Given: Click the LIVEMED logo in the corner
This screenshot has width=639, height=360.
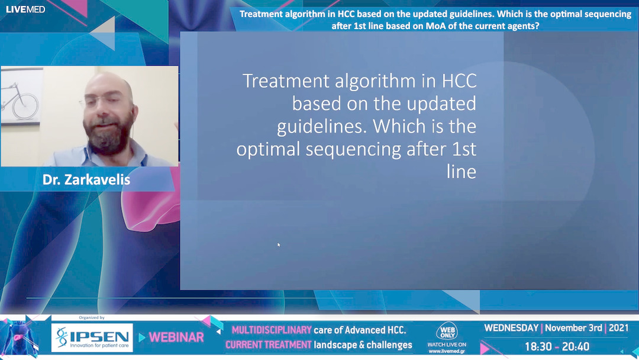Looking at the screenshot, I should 25,9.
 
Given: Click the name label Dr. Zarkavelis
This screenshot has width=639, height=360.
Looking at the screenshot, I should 86,179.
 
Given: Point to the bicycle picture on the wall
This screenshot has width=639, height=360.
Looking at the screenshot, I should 20,100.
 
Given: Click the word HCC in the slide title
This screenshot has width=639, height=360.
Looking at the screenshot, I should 456,81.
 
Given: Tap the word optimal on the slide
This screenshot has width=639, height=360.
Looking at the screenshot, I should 268,149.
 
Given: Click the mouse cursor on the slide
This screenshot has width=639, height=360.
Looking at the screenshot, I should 279,244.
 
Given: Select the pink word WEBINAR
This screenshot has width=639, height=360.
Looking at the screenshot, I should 176,337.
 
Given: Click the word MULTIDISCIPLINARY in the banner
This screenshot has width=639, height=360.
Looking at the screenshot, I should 272,330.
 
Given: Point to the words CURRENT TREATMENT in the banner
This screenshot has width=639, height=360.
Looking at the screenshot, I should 268,345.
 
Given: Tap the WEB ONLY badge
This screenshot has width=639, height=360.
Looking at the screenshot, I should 447,332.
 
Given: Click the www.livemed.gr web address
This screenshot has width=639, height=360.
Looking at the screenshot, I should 447,351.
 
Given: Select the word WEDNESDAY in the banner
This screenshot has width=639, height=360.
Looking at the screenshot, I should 511,328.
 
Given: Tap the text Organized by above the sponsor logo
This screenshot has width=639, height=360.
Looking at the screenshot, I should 92,318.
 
